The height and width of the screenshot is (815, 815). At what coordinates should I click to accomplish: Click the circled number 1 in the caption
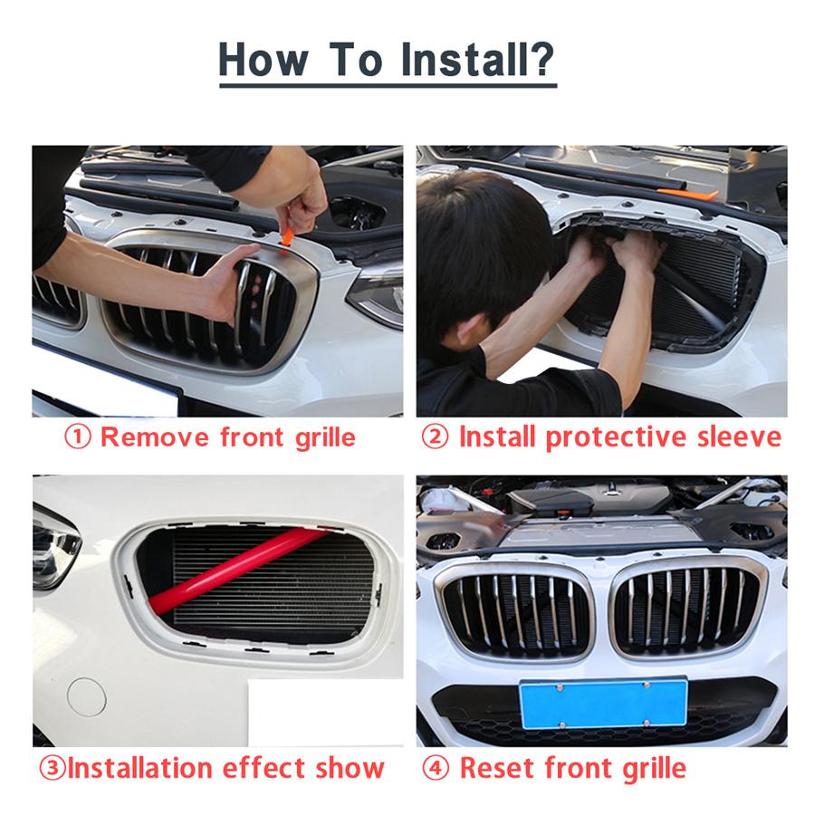pyautogui.click(x=77, y=437)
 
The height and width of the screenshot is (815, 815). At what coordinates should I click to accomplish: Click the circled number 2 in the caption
pyautogui.click(x=436, y=437)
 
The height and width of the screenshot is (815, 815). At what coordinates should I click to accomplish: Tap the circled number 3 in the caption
pyautogui.click(x=51, y=769)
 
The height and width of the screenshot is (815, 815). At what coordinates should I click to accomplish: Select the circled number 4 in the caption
pyautogui.click(x=436, y=769)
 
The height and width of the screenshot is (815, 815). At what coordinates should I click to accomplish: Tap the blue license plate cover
pyautogui.click(x=603, y=704)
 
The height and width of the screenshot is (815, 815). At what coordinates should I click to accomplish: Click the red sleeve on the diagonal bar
pyautogui.click(x=237, y=570)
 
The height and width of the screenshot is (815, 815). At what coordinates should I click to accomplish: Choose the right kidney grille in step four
pyautogui.click(x=686, y=610)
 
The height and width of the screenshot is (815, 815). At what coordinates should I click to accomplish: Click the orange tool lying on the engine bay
pyautogui.click(x=687, y=194)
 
